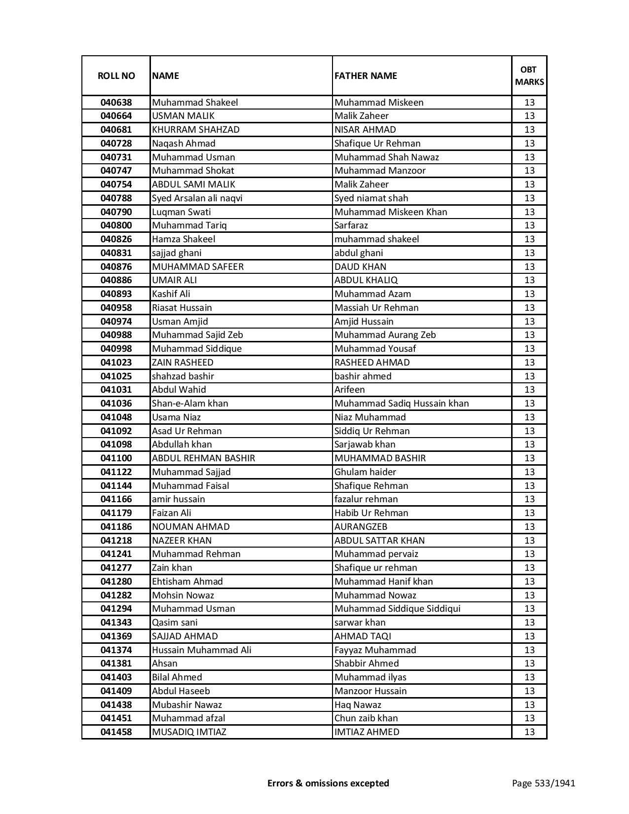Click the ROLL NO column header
point(116,75)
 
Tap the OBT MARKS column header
point(529,75)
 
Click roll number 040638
point(116,103)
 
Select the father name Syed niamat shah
point(371,198)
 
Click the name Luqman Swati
point(181,212)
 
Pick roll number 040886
point(116,280)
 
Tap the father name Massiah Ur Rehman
point(376,308)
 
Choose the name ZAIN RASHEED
point(183,363)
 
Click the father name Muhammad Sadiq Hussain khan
point(402,404)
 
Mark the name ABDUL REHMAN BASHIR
point(203,458)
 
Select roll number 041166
point(116,499)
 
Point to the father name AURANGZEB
point(361,527)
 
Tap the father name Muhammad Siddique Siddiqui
point(397,609)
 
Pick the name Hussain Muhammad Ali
point(201,650)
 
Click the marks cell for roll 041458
point(529,732)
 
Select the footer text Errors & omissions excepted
point(328,783)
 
